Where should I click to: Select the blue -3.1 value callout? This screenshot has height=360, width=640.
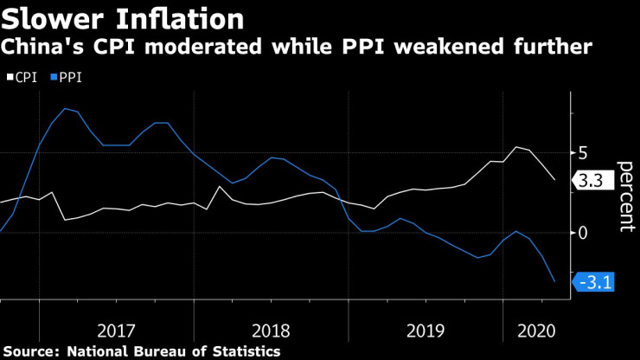point(595,281)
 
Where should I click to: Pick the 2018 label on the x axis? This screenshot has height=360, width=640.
point(271,330)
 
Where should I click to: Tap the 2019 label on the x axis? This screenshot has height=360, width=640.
point(426,330)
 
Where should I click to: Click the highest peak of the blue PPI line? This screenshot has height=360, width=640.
point(66,108)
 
